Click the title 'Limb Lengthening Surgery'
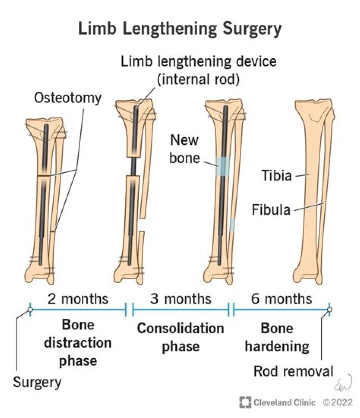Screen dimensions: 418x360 180,29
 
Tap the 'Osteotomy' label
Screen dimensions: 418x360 68,97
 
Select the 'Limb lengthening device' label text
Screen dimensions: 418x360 200,63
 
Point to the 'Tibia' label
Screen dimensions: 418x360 276,175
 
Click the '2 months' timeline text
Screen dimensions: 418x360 78,299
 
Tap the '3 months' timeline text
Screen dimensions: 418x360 181,299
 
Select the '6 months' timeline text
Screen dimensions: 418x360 281,299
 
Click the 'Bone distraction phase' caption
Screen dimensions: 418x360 78,343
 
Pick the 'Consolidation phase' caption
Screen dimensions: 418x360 181,337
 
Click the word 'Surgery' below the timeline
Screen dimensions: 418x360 37,383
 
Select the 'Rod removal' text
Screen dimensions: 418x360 293,371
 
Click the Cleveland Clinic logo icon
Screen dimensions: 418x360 245,402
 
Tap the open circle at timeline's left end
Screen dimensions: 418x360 30,310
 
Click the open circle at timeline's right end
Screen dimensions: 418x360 329,310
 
